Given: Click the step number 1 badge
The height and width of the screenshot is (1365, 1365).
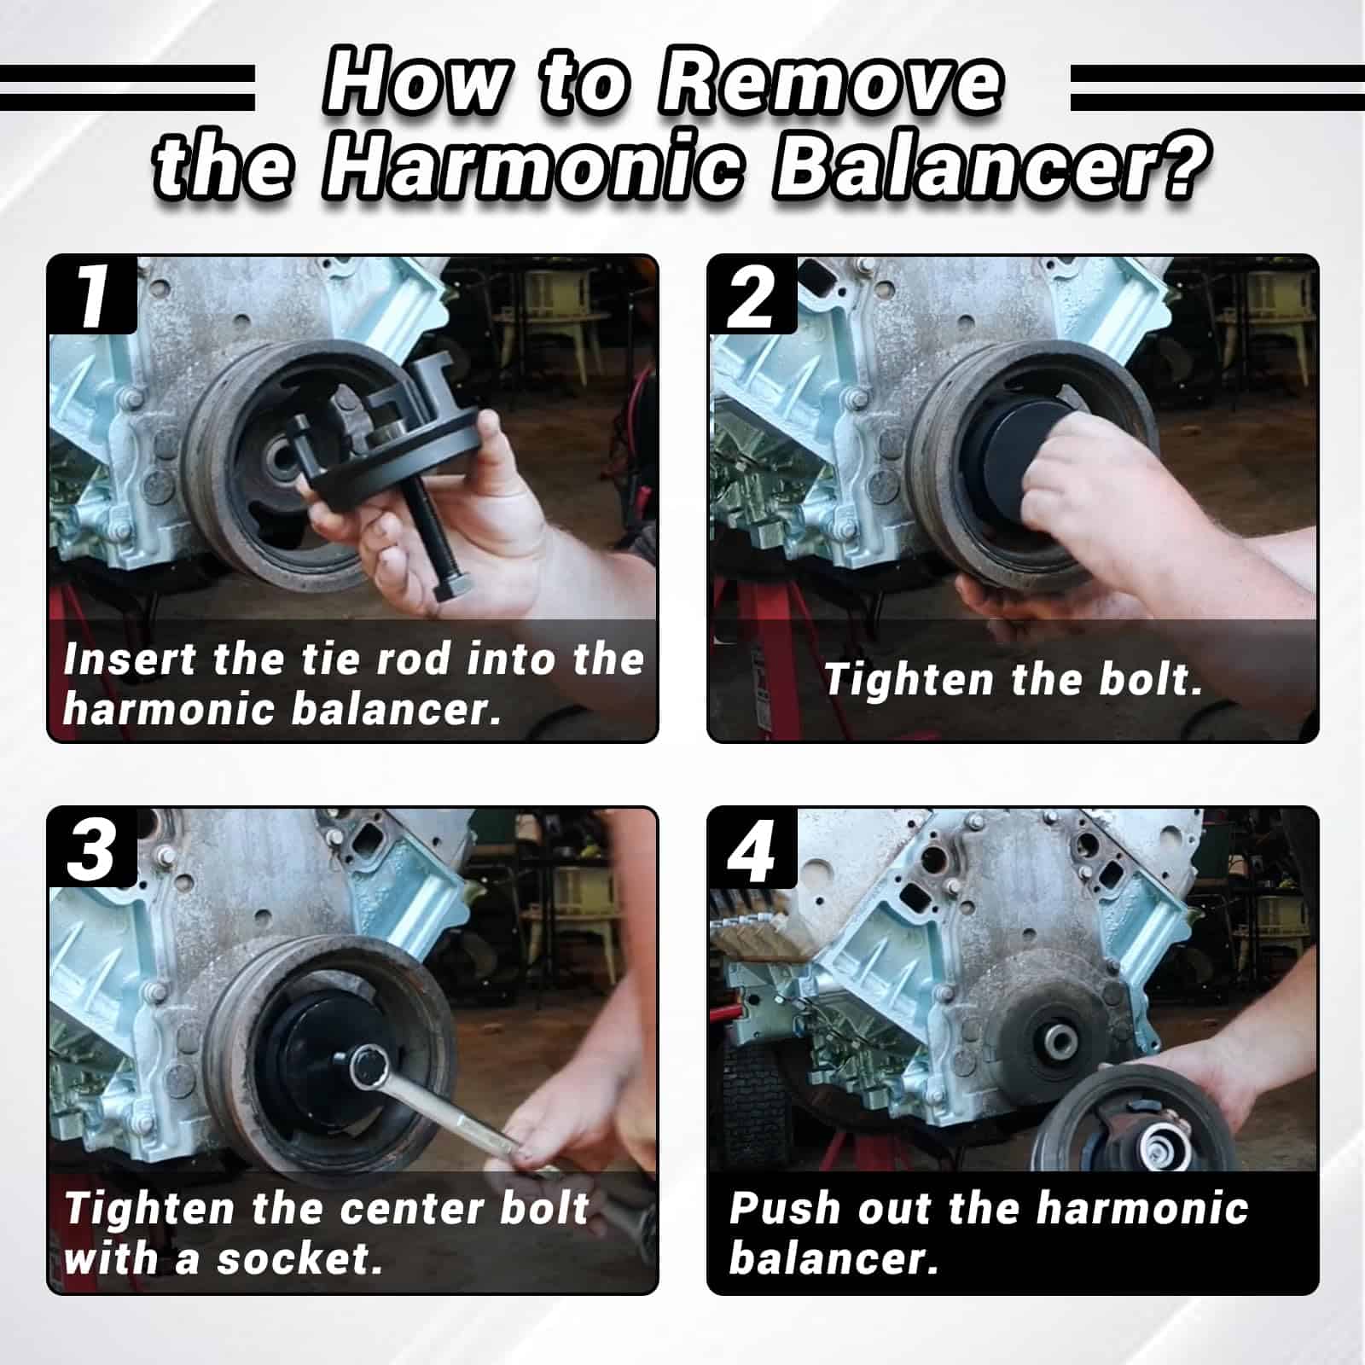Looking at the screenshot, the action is (92, 294).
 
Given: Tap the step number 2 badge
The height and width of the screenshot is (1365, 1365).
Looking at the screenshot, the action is (752, 294).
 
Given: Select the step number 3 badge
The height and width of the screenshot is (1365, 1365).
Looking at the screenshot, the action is (92, 847).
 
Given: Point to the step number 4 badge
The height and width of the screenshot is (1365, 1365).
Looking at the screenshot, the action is (752, 847).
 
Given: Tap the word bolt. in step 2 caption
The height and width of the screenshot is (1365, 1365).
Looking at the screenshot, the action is (1151, 680).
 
